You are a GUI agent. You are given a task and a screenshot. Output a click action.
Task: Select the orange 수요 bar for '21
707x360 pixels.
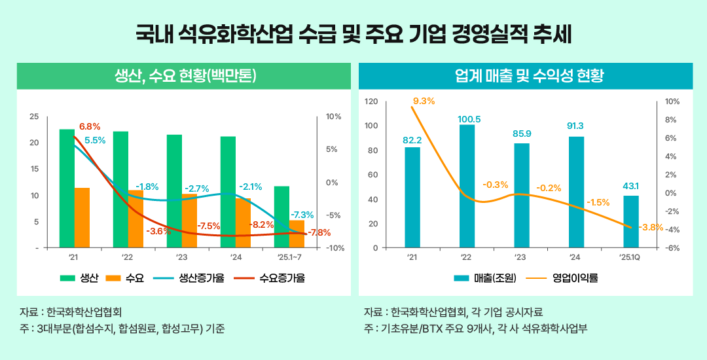(x=82, y=218)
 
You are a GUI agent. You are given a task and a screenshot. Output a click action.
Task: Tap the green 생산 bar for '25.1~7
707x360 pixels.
(x=281, y=217)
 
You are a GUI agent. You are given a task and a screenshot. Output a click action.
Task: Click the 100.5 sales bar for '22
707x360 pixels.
(x=467, y=186)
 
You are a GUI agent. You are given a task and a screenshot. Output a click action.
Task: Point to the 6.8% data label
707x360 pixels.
(x=90, y=126)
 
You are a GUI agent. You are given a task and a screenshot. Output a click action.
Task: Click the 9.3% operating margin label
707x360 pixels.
(x=424, y=101)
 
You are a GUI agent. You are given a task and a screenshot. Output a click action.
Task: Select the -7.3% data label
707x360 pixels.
(x=302, y=215)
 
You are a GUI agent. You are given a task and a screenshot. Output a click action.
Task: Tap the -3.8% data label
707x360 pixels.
(x=649, y=228)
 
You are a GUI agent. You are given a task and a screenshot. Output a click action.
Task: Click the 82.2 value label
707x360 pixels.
(x=412, y=140)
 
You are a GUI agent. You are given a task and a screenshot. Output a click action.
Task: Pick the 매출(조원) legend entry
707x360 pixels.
(x=485, y=278)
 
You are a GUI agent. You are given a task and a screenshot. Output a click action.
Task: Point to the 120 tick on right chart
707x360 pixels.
(x=371, y=101)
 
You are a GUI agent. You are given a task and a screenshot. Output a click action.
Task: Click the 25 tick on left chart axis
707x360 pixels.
(x=34, y=117)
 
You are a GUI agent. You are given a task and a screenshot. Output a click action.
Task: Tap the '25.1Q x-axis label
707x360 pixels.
(x=630, y=257)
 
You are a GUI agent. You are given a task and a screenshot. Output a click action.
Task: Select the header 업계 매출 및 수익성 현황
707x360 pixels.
(x=526, y=76)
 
